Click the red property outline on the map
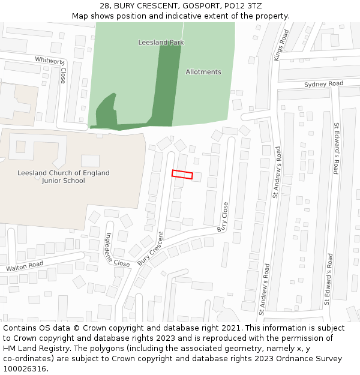(x=182, y=175)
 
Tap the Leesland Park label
(x=161, y=43)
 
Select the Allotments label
(x=203, y=72)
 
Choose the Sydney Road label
(x=323, y=84)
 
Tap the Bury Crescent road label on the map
(x=151, y=248)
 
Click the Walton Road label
(x=25, y=265)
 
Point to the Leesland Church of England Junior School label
(x=64, y=177)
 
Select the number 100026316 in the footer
(x=25, y=369)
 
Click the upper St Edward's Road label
(x=337, y=148)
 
